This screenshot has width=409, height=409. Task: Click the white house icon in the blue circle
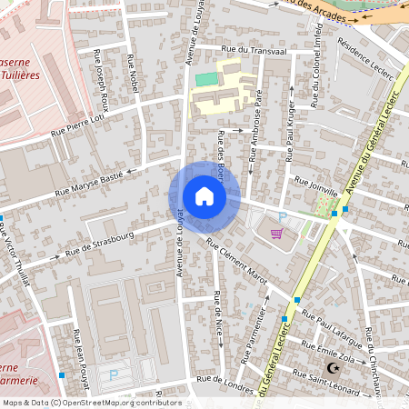coord(204,196)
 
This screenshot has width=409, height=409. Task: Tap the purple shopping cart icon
coord(277,233)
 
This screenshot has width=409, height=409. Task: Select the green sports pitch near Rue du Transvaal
coord(206,80)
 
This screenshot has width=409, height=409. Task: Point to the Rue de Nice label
coord(218,314)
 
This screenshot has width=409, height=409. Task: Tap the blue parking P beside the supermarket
coord(283,217)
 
